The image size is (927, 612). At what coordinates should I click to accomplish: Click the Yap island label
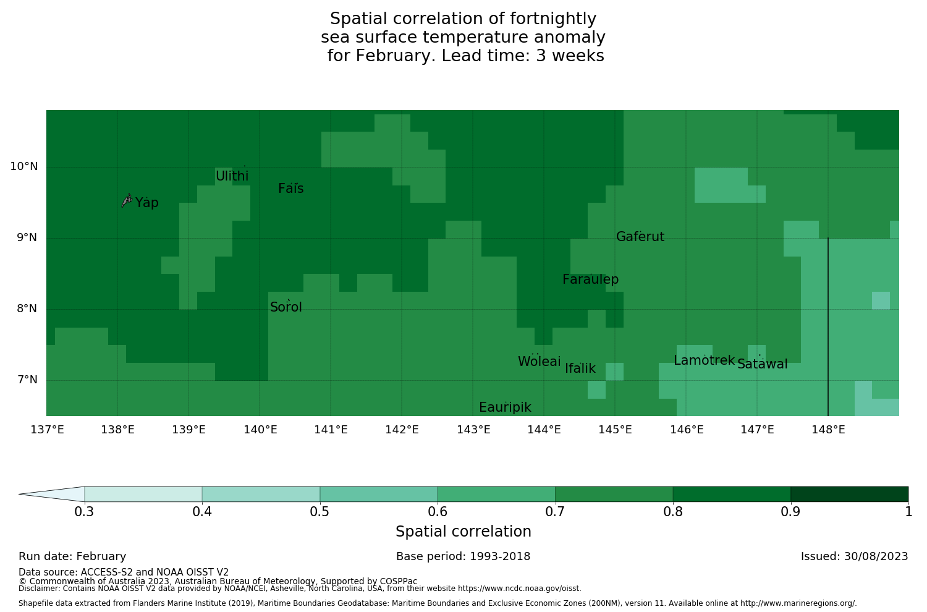pyautogui.click(x=147, y=203)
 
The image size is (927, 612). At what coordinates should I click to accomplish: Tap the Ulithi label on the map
pyautogui.click(x=232, y=176)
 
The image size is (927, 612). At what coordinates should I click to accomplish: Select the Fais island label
pyautogui.click(x=290, y=189)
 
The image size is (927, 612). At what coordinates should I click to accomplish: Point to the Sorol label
pyautogui.click(x=286, y=307)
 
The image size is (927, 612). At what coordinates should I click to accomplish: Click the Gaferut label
pyautogui.click(x=640, y=237)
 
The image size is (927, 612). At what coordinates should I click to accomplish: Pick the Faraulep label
pyautogui.click(x=590, y=279)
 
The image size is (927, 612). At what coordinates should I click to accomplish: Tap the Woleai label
pyautogui.click(x=540, y=362)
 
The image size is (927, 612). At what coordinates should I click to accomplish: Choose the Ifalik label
pyautogui.click(x=580, y=368)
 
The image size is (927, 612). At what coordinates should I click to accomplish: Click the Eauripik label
pyautogui.click(x=505, y=407)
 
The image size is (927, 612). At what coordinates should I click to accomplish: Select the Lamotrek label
pyautogui.click(x=704, y=360)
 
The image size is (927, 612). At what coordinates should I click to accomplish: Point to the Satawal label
pyautogui.click(x=762, y=364)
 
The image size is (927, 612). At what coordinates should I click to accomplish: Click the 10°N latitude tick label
pyautogui.click(x=23, y=166)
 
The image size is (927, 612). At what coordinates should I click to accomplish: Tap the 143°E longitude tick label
pyautogui.click(x=473, y=430)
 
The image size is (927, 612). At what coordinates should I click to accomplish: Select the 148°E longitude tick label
pyautogui.click(x=828, y=430)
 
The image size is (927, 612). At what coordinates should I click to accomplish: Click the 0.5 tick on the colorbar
pyautogui.click(x=320, y=511)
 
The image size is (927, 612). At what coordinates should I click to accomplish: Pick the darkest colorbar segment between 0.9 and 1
pyautogui.click(x=849, y=494)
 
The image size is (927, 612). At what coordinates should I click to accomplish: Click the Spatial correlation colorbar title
pyautogui.click(x=463, y=532)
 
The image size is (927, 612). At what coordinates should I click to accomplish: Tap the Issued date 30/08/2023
pyautogui.click(x=854, y=556)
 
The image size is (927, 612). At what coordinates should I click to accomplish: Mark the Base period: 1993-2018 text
pyautogui.click(x=463, y=556)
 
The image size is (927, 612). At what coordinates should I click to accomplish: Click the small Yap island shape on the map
pyautogui.click(x=127, y=200)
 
